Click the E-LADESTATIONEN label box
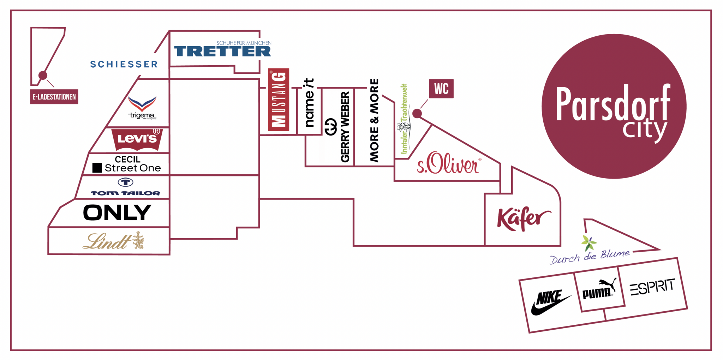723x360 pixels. tap(54, 97)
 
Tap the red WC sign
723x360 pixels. tap(441, 89)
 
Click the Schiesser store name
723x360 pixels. tap(124, 64)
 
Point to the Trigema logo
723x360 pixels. tap(142, 107)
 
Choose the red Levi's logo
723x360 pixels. tap(137, 139)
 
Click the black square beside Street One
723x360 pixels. tap(97, 168)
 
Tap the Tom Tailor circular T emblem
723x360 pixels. tap(125, 182)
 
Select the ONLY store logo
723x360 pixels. tap(117, 212)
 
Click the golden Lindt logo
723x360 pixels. tap(113, 241)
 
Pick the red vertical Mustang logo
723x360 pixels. tap(279, 100)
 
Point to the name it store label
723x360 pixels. tap(309, 102)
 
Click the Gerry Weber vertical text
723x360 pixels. tap(345, 127)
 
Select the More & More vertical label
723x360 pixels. tap(374, 120)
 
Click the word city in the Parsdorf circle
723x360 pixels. tap(644, 131)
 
